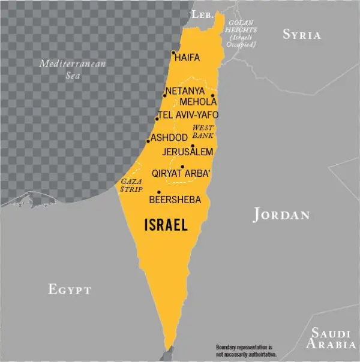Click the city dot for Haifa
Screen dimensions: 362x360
(x=173, y=53)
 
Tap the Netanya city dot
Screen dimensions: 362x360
(x=164, y=95)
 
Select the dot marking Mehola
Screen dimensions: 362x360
(x=212, y=95)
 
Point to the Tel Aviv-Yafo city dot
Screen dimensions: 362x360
(x=157, y=119)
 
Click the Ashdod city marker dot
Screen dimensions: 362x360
(x=148, y=141)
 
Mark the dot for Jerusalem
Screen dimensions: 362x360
(x=193, y=146)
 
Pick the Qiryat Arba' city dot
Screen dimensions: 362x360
(x=182, y=167)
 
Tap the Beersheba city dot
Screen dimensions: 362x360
(x=158, y=192)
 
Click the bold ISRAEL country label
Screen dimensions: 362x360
(x=166, y=225)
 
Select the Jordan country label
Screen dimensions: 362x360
(x=281, y=215)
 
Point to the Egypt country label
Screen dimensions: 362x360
(x=70, y=289)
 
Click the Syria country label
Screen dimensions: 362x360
(x=302, y=35)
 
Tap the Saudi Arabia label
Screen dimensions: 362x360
(x=331, y=339)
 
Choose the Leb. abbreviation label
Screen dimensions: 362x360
(x=202, y=14)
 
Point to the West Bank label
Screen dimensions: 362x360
(x=203, y=132)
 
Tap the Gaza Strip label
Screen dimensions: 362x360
(x=131, y=185)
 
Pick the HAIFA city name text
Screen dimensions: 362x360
(x=188, y=58)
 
